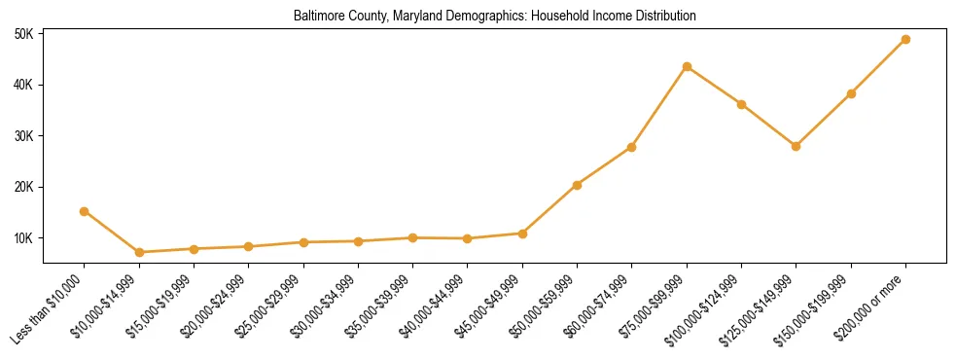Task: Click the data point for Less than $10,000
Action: click(x=85, y=211)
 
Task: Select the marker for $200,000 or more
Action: click(x=906, y=40)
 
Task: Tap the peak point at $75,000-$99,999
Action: click(x=687, y=67)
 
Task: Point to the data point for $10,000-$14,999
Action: click(x=139, y=252)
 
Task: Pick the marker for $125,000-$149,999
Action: click(x=797, y=146)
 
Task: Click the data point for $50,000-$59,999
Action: click(x=578, y=185)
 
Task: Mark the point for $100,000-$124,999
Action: click(x=742, y=104)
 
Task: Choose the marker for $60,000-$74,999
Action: click(x=632, y=147)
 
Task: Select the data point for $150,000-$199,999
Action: click(x=852, y=93)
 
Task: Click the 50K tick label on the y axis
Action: click(x=23, y=34)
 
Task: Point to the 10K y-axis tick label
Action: click(x=23, y=238)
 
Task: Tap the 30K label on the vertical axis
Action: click(x=23, y=136)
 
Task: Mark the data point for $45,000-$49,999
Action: click(x=522, y=234)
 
